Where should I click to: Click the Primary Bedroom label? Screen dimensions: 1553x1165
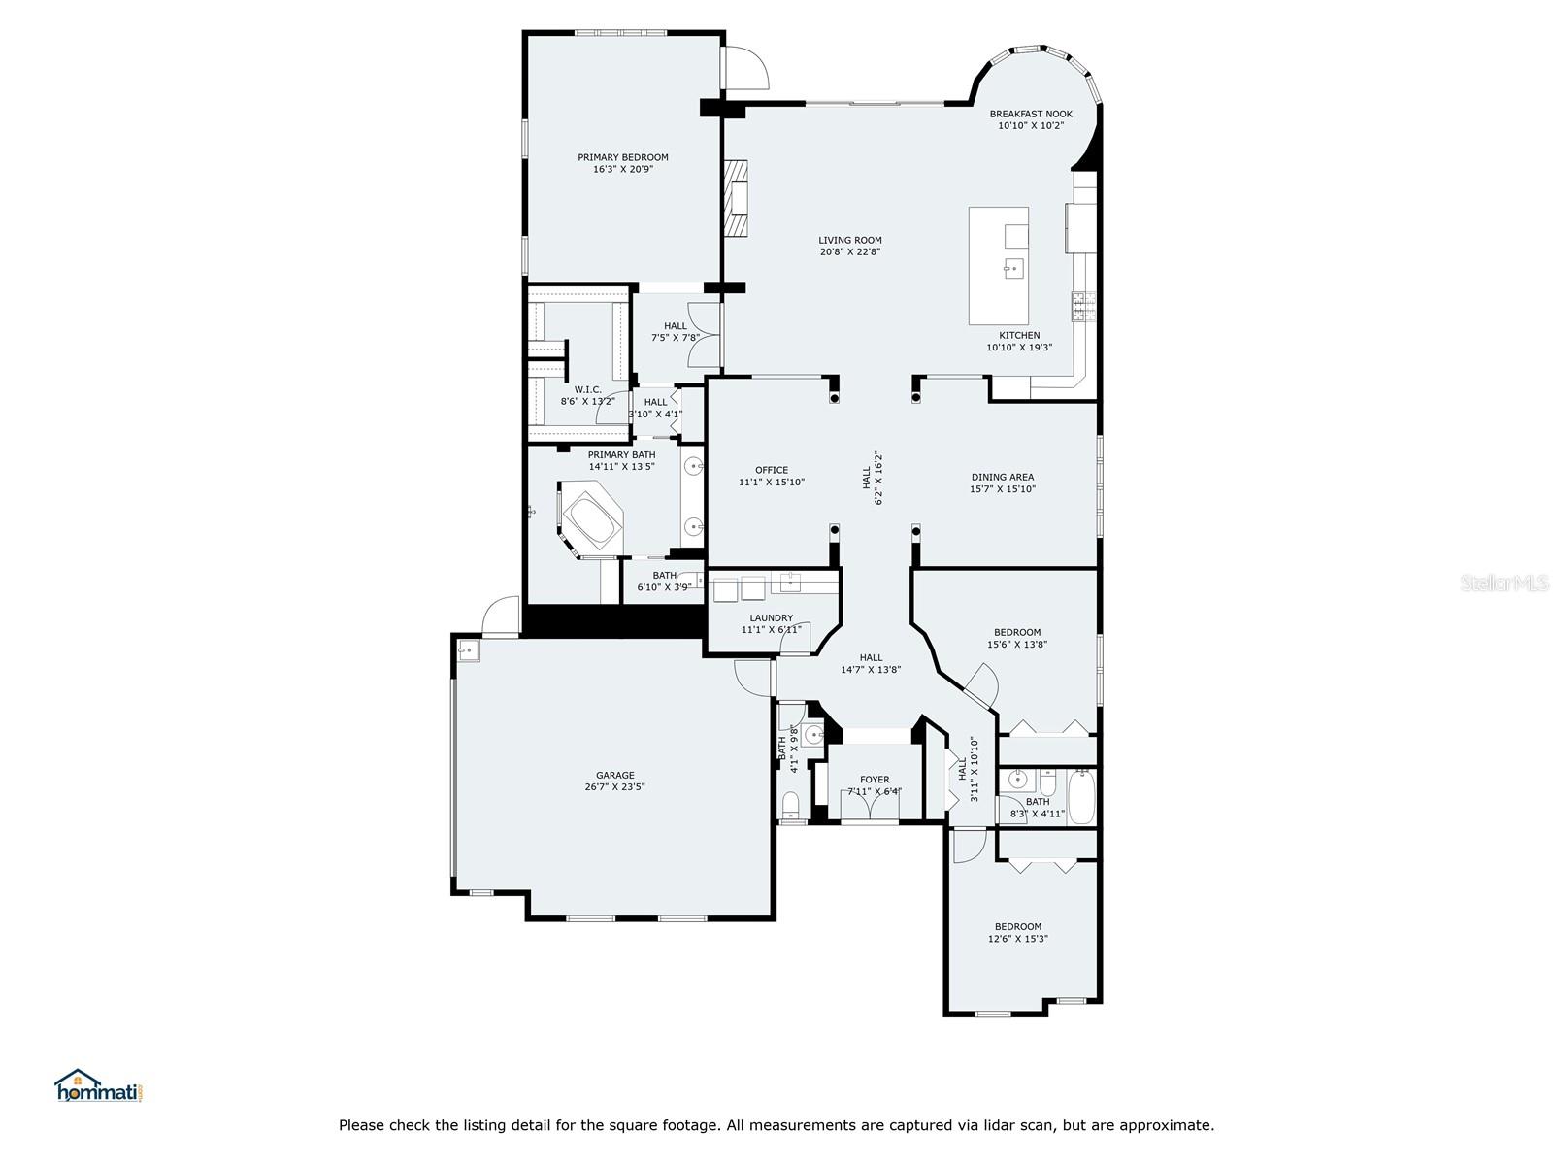coord(622,157)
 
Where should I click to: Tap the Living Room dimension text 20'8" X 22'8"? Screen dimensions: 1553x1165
coord(849,251)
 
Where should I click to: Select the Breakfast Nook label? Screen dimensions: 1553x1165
coord(1031,114)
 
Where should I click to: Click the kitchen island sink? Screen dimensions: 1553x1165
coord(1014,269)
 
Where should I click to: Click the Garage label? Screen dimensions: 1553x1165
coord(614,776)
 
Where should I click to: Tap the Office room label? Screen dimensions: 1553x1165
coord(772,470)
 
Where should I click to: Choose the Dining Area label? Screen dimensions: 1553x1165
coord(1003,477)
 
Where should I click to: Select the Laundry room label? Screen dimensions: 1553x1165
coord(772,618)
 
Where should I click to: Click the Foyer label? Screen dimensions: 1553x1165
coord(875,780)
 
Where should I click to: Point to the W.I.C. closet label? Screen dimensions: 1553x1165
coord(587,389)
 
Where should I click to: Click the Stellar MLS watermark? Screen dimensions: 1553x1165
coord(1504,583)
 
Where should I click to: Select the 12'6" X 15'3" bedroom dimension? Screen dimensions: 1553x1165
coord(1017,939)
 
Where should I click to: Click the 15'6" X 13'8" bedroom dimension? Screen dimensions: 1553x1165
coord(1016,645)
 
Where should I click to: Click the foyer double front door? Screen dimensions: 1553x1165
coord(870,804)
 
